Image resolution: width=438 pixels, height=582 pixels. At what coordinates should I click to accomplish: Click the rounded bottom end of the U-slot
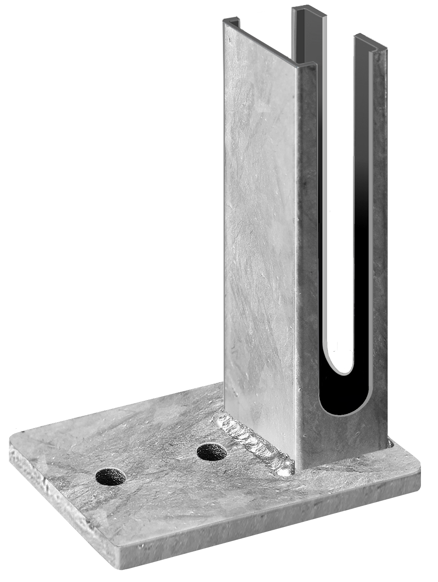tap(340, 411)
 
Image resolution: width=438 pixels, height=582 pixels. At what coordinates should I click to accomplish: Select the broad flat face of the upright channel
tap(260, 233)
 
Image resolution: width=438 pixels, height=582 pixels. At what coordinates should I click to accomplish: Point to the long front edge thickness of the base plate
tap(272, 520)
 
